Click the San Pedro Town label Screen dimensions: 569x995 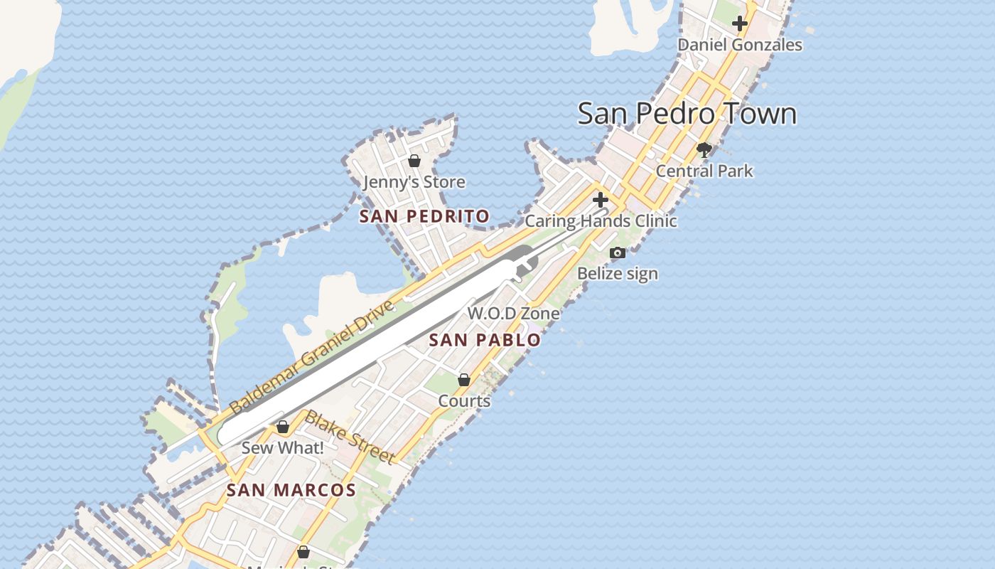(x=687, y=114)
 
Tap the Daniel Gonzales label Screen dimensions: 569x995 (x=739, y=45)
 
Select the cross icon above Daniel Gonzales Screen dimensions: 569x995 (x=740, y=23)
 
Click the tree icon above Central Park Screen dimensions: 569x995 (x=704, y=150)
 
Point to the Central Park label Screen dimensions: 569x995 (x=704, y=171)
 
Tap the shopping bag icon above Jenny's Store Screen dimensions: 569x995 (x=414, y=161)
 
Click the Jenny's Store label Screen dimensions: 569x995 (x=414, y=182)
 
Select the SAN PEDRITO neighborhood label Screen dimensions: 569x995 (x=424, y=216)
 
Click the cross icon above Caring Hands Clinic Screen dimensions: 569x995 (x=601, y=200)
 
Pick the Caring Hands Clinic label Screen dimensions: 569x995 (x=601, y=221)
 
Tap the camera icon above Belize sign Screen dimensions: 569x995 (x=618, y=252)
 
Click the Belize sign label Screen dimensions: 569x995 (x=618, y=274)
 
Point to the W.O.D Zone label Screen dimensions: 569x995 (x=513, y=313)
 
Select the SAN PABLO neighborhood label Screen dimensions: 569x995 (x=485, y=340)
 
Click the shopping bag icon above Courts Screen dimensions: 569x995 (x=464, y=380)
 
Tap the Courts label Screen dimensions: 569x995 (x=464, y=401)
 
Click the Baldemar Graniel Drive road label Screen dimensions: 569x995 (x=311, y=358)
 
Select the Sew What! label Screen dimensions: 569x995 (x=283, y=448)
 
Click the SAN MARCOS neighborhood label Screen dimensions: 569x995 (x=291, y=490)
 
